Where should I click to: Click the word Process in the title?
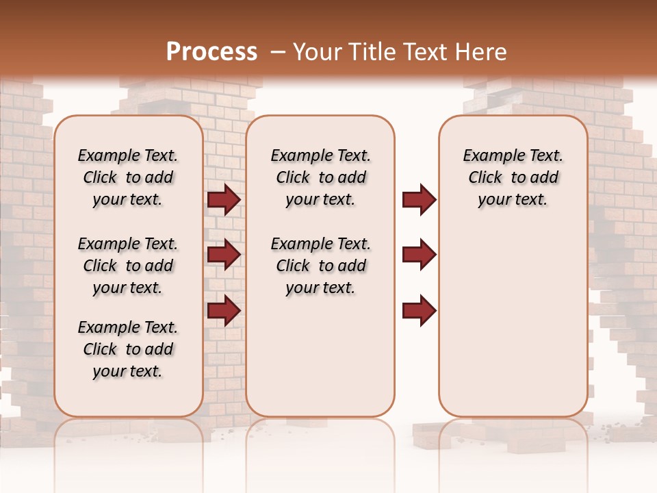click(211, 51)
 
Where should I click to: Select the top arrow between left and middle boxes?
click(223, 200)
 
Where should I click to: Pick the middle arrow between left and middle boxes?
click(223, 255)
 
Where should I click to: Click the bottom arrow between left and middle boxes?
click(223, 310)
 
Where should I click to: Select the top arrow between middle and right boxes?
click(419, 200)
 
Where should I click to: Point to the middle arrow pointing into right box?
click(419, 255)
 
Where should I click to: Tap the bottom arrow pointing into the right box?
click(419, 310)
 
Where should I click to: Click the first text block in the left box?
click(128, 178)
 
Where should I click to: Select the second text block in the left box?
click(128, 266)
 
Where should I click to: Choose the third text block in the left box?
click(128, 349)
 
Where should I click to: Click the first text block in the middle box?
click(321, 178)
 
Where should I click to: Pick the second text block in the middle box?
click(321, 266)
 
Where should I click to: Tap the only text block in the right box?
click(513, 178)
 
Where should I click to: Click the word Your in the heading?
click(318, 52)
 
